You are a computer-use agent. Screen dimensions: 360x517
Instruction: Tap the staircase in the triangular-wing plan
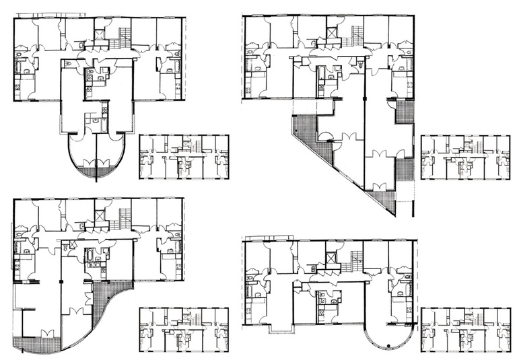tap(357, 33)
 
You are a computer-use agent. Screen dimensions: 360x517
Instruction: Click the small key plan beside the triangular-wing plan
tap(465, 157)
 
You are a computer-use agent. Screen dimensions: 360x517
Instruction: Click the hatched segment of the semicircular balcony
tap(97, 172)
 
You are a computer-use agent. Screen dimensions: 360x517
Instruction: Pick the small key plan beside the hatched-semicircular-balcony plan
tap(183, 157)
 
